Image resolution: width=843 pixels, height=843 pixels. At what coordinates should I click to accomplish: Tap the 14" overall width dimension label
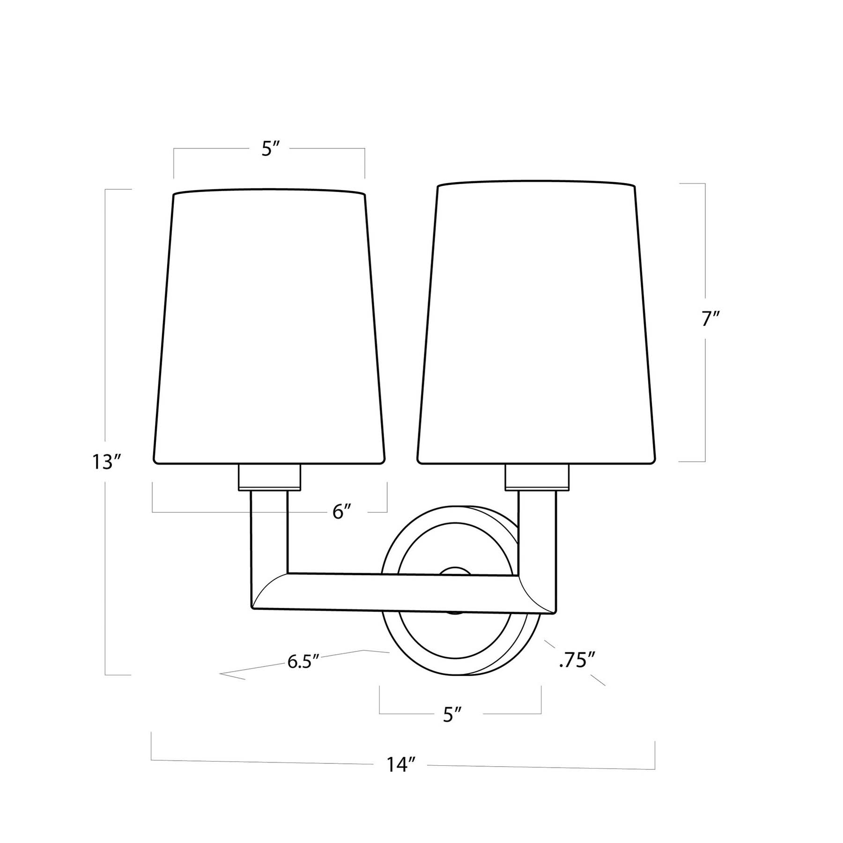coord(401,765)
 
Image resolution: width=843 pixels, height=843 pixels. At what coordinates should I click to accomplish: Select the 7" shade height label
coord(710,319)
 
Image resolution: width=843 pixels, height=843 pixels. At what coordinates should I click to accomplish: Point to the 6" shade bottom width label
coord(342,512)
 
